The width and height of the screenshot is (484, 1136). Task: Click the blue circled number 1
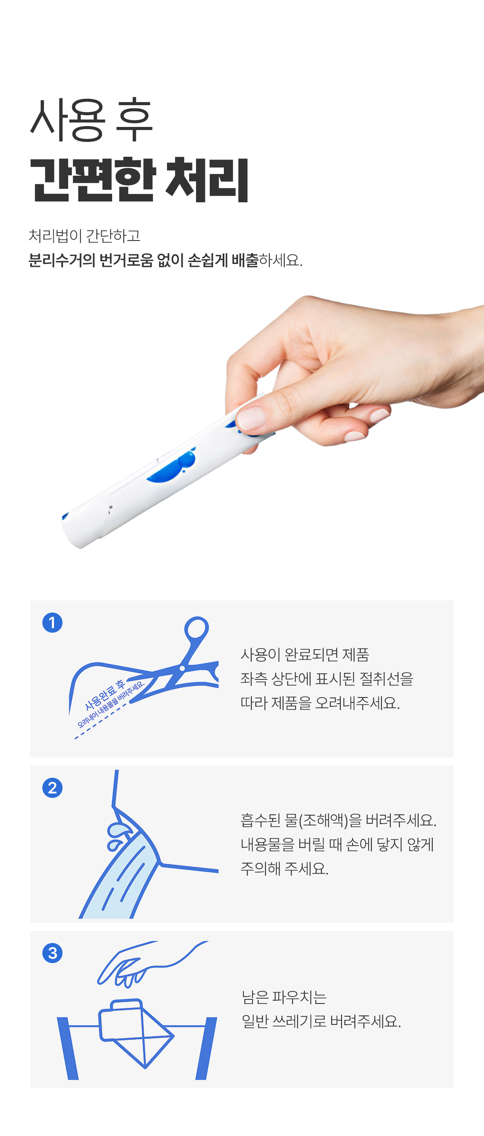[52, 623]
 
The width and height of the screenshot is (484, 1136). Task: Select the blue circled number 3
[52, 953]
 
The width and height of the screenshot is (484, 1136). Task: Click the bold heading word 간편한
[93, 179]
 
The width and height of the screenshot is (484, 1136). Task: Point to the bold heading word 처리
[207, 179]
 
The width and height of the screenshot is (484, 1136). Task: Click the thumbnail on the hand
[250, 417]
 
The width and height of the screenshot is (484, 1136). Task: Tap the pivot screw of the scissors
[182, 669]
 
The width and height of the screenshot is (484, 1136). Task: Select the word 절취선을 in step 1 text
[386, 679]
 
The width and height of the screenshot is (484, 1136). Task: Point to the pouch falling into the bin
[135, 1032]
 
